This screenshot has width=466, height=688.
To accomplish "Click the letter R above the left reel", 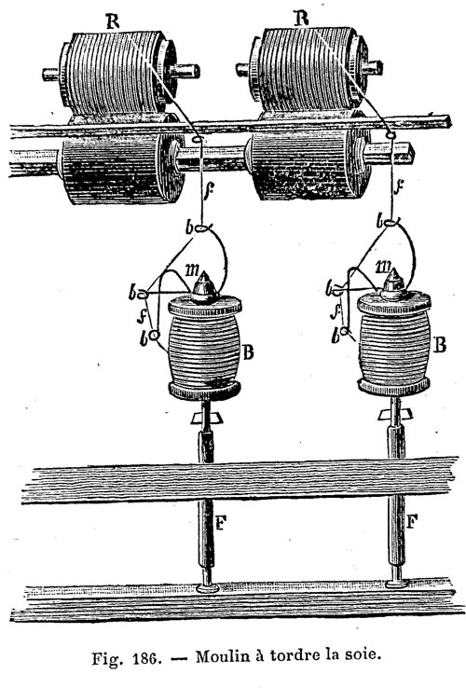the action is (113, 21).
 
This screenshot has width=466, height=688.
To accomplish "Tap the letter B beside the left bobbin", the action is (248, 352).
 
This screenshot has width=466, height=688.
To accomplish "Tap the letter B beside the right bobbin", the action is (440, 345).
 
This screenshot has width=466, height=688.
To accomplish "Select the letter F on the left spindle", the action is (220, 522).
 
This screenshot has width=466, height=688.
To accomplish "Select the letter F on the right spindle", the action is (412, 521).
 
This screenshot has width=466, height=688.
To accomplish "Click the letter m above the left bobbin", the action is (192, 270).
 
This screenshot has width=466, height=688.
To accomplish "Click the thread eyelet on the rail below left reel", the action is (198, 140).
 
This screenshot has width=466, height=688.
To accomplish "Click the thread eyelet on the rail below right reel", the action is (390, 136).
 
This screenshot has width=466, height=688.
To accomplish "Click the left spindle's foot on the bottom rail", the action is (208, 588).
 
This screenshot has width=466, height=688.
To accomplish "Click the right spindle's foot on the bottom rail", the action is (397, 584).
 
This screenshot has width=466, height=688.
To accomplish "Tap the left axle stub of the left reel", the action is (51, 74).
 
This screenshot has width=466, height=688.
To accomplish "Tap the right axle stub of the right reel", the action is (373, 67).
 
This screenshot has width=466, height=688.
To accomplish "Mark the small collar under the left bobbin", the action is (205, 418).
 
